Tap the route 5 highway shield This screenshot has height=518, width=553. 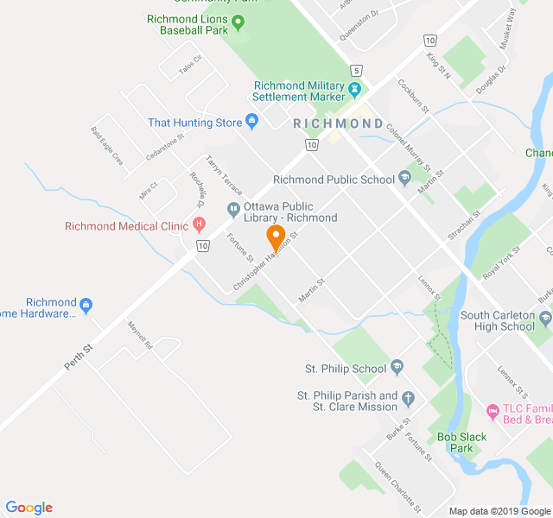356,70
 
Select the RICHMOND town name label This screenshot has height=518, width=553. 338,124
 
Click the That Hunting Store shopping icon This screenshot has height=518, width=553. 252,123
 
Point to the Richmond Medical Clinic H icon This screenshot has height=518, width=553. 199,226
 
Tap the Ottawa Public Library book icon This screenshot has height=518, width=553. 232,208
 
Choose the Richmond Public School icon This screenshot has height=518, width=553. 404,180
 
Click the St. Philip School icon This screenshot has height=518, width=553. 397,369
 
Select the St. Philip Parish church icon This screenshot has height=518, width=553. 409,398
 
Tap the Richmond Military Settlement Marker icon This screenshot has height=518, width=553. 354,89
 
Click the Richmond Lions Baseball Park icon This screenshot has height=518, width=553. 239,22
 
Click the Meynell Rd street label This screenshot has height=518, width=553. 139,335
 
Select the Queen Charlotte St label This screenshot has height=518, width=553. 397,488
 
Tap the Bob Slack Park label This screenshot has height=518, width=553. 461,442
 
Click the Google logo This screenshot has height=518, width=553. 29,508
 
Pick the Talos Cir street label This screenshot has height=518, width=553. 189,64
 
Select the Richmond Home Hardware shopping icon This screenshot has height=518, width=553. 86,305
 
